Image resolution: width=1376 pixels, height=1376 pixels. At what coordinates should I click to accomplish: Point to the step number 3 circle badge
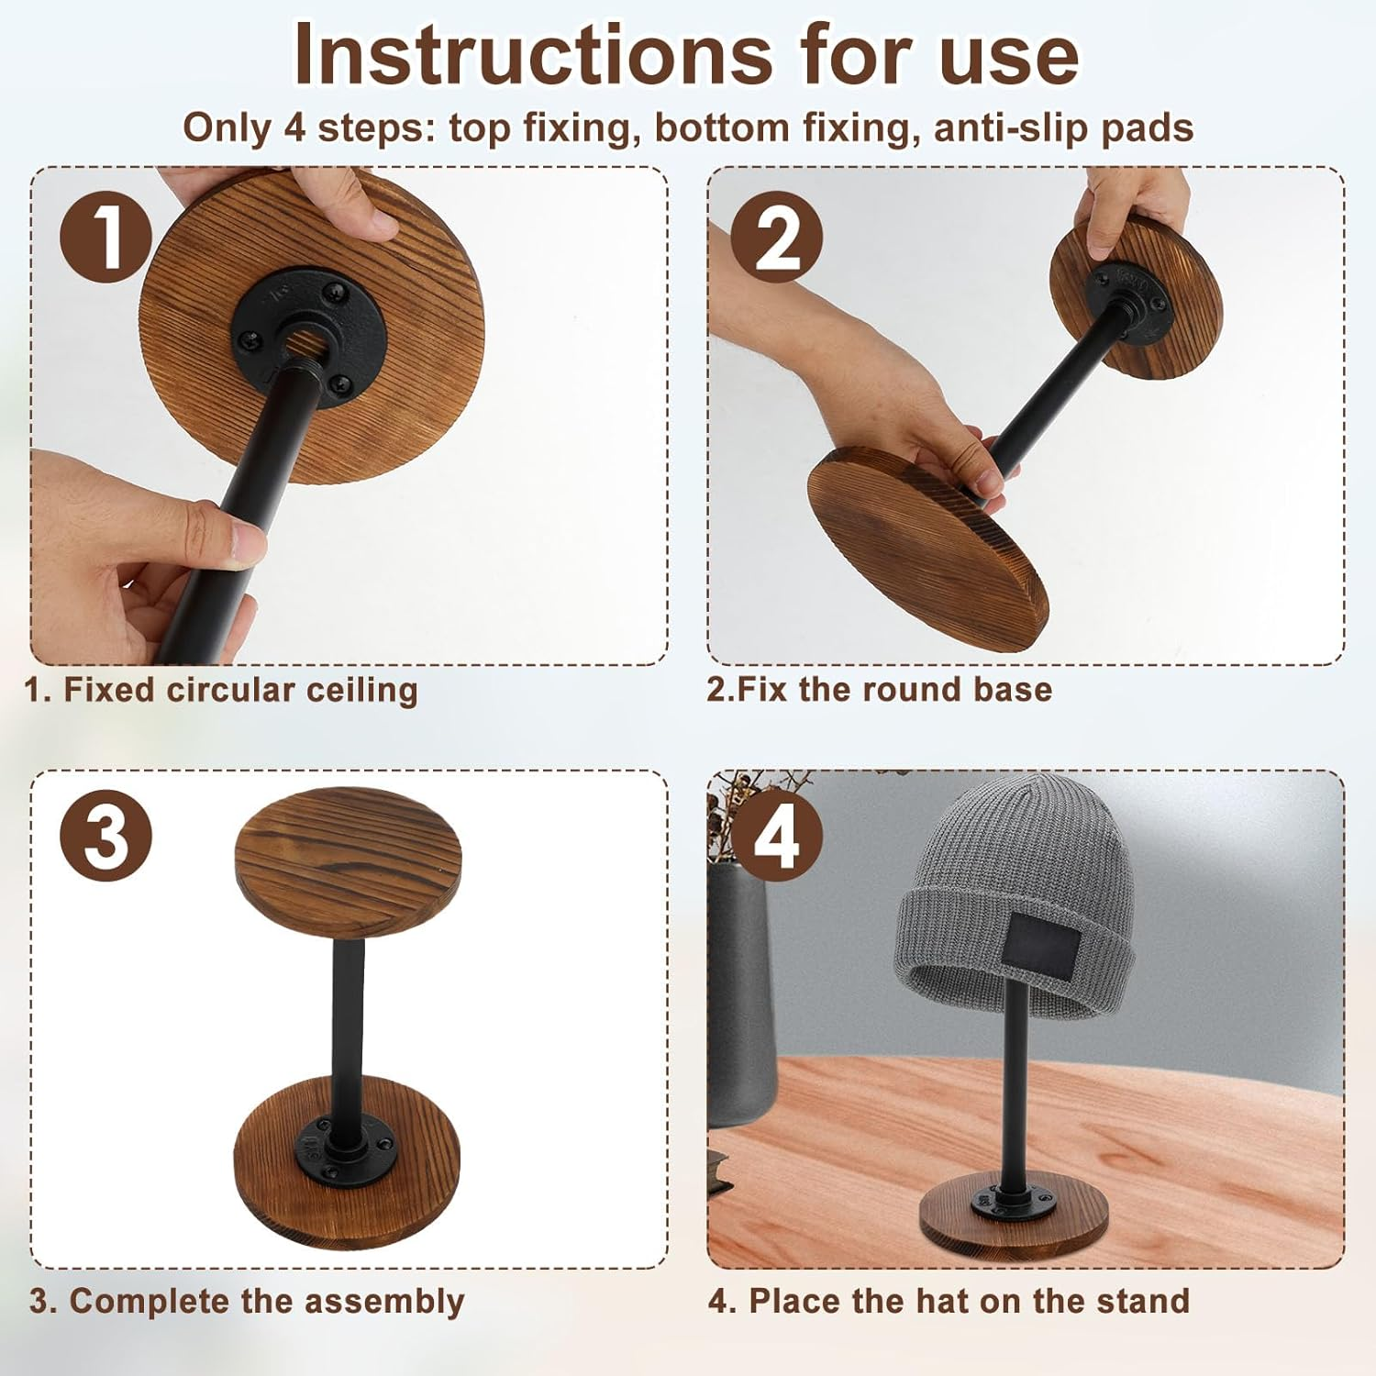click(x=105, y=836)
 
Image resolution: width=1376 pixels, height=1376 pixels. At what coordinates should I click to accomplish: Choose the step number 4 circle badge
click(x=778, y=836)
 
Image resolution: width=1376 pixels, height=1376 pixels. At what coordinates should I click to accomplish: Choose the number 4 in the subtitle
click(x=294, y=128)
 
